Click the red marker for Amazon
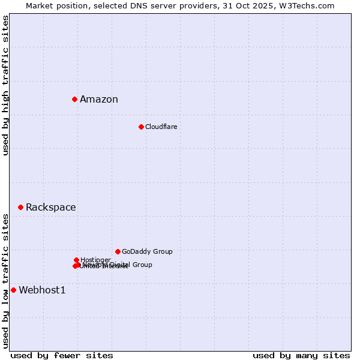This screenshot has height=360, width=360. [74, 99]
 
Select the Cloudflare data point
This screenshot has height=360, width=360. [141, 127]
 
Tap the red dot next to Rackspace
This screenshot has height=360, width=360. [20, 207]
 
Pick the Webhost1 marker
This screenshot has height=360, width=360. [13, 290]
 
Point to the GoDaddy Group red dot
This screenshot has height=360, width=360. [118, 251]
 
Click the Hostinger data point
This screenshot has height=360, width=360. [76, 260]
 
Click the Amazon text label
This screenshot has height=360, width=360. [99, 100]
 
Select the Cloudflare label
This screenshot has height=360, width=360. [161, 127]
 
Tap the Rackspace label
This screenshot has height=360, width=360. [51, 208]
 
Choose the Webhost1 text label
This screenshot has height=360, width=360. [42, 290]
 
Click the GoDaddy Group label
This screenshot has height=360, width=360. [147, 251]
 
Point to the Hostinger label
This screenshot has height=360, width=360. [95, 260]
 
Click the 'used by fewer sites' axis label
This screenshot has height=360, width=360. [62, 355]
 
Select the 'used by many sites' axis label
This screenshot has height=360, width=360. [301, 355]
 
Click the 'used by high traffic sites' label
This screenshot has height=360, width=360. [5, 85]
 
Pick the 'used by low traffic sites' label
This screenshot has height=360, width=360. [5, 281]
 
